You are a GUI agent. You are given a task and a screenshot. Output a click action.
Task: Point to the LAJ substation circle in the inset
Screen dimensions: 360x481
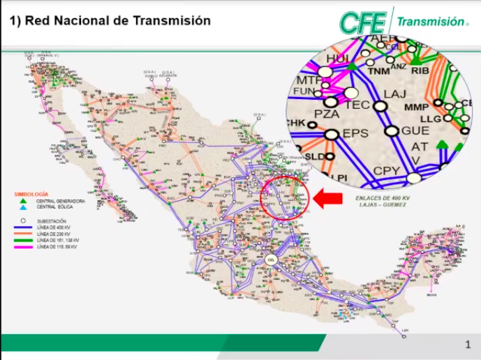tap(380, 106)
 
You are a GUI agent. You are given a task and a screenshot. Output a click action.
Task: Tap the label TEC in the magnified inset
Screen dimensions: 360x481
tap(357, 105)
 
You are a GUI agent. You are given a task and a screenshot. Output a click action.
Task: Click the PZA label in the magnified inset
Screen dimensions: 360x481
tap(327, 113)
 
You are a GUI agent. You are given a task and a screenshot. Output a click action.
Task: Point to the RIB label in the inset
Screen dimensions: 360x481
tap(420, 70)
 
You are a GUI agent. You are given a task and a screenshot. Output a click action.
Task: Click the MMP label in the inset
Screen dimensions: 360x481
tap(416, 107)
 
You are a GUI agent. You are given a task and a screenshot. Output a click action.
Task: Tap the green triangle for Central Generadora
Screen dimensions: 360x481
tap(23, 200)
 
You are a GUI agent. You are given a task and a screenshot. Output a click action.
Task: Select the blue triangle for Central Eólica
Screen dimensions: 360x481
tap(23, 207)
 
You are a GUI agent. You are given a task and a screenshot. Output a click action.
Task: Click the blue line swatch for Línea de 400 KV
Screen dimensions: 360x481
tap(26, 227)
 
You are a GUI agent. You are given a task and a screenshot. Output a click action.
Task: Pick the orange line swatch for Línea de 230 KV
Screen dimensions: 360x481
tap(26, 234)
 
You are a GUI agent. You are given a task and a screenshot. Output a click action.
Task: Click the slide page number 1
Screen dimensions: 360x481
tap(468, 345)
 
